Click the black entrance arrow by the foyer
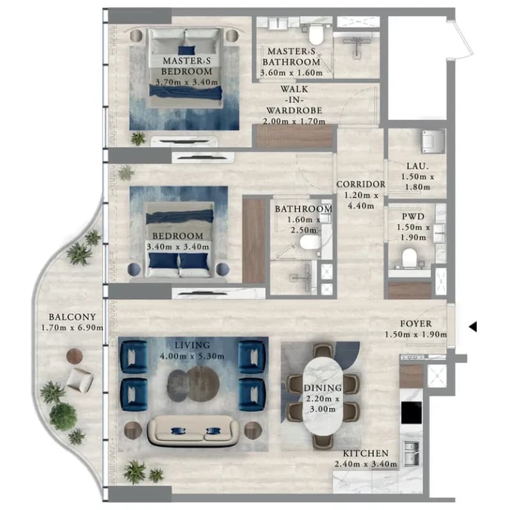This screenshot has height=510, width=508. tap(473, 327)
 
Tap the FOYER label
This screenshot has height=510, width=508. tap(415, 323)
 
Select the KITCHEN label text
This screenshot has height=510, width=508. tap(366, 453)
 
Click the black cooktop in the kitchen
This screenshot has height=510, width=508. tap(411, 413)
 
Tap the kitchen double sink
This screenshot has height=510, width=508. tap(412, 453)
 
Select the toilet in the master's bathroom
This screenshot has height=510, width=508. tap(316, 35)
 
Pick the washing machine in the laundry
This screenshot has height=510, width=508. tap(433, 141)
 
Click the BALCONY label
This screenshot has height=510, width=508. tap(72, 317)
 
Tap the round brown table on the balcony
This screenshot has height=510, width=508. tap(75, 356)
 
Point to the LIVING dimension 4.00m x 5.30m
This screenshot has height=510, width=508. tap(192, 356)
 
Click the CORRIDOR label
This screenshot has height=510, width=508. tap(360, 184)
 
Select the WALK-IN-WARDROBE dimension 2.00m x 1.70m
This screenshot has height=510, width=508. tap(294, 121)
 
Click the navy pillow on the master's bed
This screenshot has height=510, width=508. tap(187, 50)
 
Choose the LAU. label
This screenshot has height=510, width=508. tap(417, 166)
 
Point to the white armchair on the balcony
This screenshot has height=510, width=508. tap(80, 380)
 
